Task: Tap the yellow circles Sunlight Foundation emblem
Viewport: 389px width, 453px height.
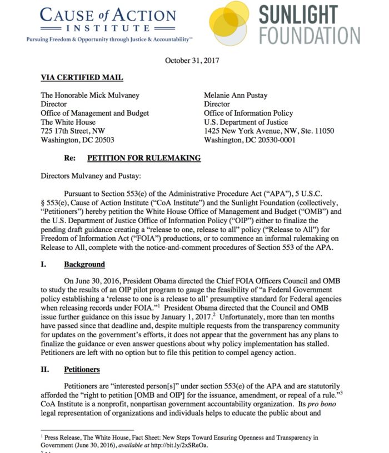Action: click(236, 22)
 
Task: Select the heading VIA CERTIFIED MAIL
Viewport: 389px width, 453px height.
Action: click(82, 78)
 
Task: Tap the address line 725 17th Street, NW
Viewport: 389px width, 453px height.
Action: click(73, 131)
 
